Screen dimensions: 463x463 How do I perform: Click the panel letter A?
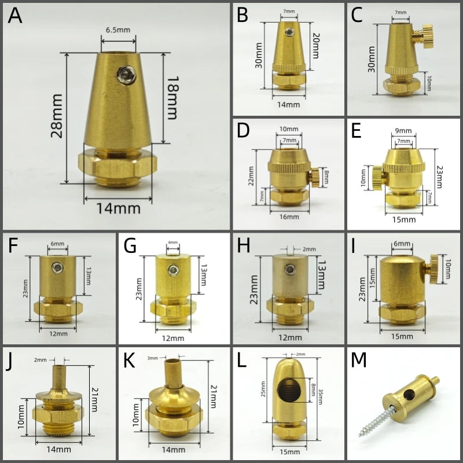(x=15, y=16)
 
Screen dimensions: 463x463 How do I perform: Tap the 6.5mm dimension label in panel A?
(x=118, y=30)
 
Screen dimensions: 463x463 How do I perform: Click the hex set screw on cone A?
(x=127, y=75)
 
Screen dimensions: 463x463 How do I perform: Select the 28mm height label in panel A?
(x=57, y=116)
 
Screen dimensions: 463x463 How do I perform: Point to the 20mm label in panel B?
(x=315, y=46)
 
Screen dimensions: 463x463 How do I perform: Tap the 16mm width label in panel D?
(x=289, y=217)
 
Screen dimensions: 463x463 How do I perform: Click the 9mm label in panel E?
(x=403, y=131)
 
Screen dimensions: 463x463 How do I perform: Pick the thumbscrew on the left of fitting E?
(x=379, y=178)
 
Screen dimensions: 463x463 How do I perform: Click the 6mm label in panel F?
(x=57, y=244)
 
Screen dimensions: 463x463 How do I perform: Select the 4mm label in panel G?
(x=172, y=242)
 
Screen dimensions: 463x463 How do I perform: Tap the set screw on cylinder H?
(x=290, y=269)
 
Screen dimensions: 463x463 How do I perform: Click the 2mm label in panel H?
(x=309, y=249)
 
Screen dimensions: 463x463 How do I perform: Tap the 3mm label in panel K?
(x=153, y=358)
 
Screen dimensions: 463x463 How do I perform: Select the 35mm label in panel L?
(x=320, y=396)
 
